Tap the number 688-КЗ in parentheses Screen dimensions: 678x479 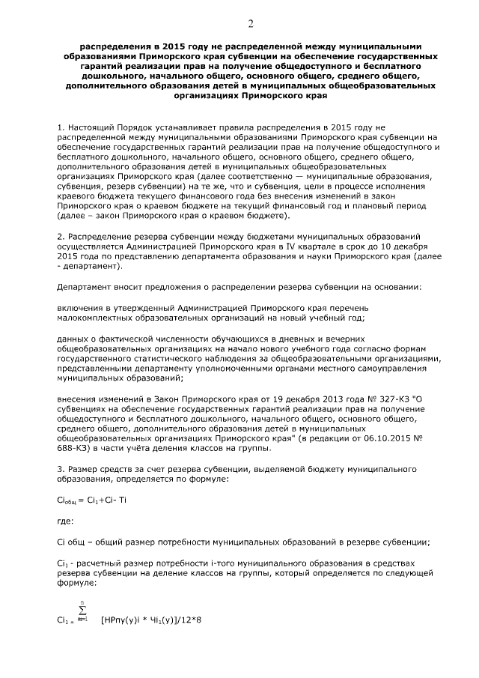(x=76, y=448)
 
